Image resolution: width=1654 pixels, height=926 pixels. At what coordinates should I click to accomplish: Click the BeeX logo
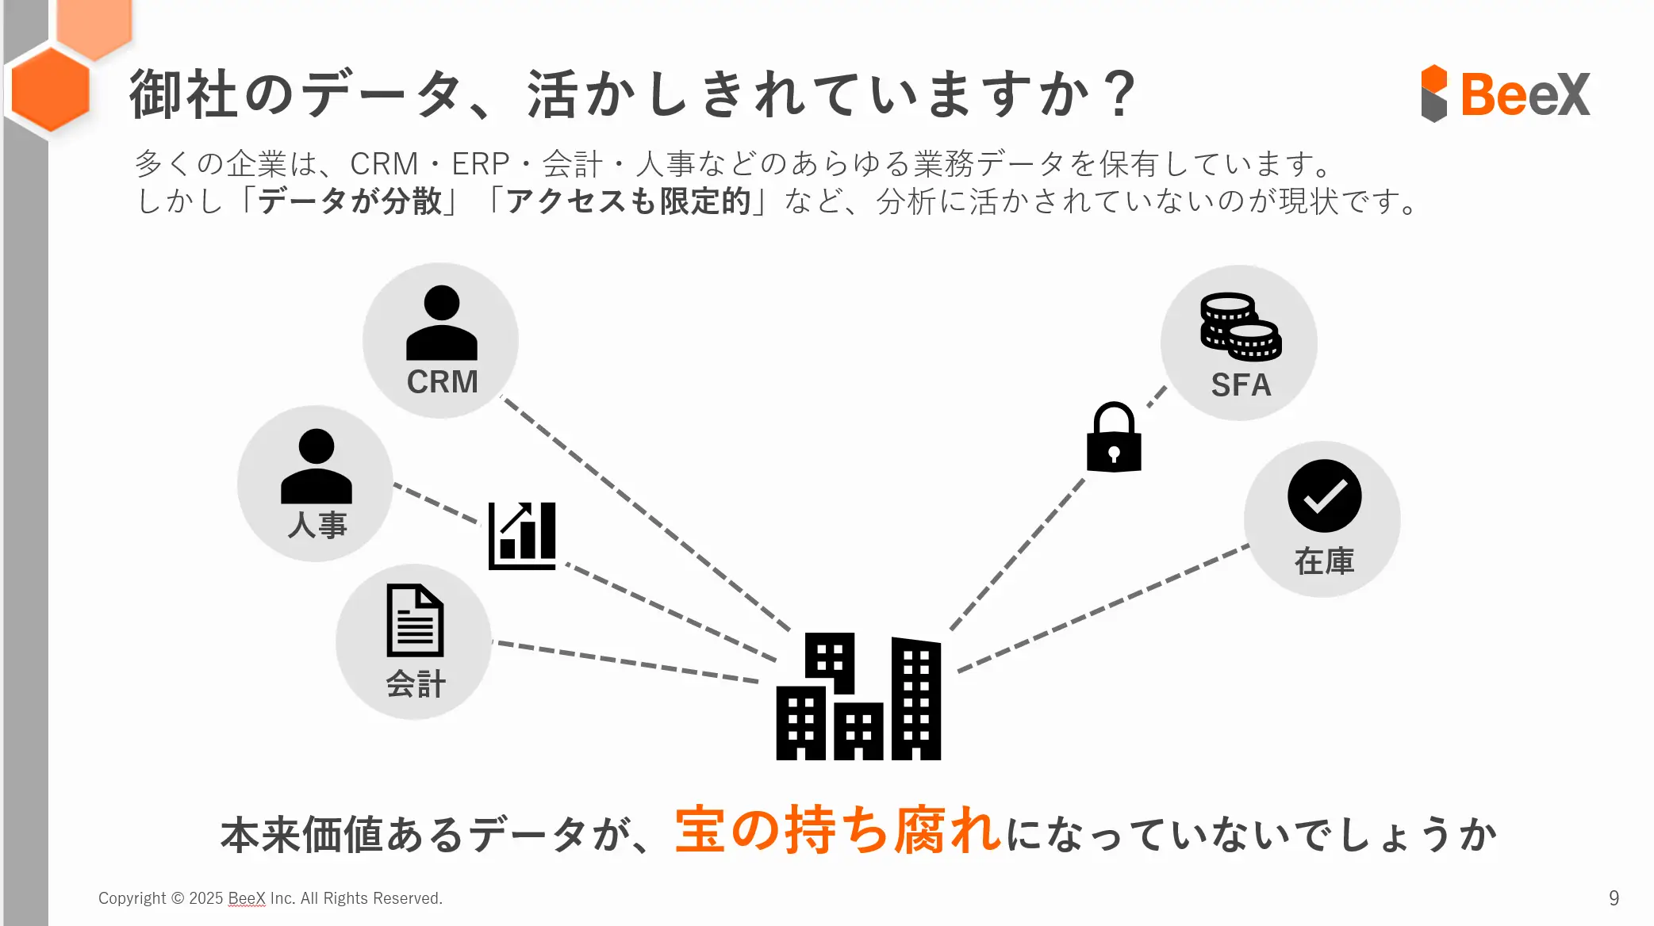[x=1505, y=94]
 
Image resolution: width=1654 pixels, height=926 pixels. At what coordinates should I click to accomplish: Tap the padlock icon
[x=1113, y=438]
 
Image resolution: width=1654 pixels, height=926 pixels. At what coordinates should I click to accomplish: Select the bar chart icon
[x=522, y=535]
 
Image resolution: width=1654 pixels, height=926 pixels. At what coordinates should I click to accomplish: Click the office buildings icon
[x=858, y=696]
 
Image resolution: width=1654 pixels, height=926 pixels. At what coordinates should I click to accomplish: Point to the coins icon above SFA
[x=1240, y=326]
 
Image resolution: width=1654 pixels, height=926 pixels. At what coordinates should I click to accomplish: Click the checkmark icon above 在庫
[x=1324, y=496]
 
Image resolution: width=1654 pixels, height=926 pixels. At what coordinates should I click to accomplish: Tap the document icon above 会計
[x=415, y=620]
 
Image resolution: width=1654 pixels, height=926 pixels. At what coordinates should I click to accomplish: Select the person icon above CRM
[x=441, y=323]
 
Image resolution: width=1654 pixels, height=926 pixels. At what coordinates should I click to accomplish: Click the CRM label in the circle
[x=442, y=382]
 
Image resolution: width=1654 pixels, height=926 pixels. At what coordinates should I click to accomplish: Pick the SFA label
[x=1241, y=385]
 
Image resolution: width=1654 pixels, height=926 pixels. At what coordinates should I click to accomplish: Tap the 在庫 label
[x=1324, y=561]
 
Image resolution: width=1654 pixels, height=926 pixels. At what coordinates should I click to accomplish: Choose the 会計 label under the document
[x=416, y=683]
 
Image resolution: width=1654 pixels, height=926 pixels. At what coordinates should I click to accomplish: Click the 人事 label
[x=317, y=525]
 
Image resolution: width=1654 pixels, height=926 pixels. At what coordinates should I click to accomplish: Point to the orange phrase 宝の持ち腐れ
[x=837, y=831]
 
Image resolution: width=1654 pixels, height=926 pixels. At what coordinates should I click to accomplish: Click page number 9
[x=1614, y=897]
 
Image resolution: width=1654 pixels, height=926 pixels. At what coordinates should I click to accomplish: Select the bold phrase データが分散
[x=350, y=201]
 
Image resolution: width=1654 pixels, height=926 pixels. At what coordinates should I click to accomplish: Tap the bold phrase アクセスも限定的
[x=628, y=201]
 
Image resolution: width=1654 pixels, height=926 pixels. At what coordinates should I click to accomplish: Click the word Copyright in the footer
[x=132, y=898]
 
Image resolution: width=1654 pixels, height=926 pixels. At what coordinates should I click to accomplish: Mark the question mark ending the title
[x=1119, y=94]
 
